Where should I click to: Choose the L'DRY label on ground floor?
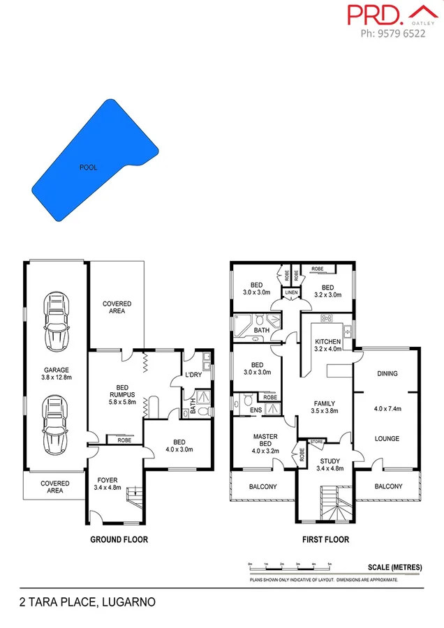[x=193, y=376]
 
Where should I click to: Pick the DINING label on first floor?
[x=387, y=373]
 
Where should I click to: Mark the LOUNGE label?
[x=387, y=439]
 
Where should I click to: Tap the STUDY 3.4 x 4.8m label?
[x=330, y=465]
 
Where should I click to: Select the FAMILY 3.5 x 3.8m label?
[x=324, y=408]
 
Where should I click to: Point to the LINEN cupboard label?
[x=291, y=292]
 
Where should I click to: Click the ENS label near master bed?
[x=256, y=410]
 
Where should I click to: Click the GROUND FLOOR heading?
[x=119, y=539]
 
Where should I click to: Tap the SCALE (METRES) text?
[x=395, y=567]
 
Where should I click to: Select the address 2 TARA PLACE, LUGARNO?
[x=87, y=601]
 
